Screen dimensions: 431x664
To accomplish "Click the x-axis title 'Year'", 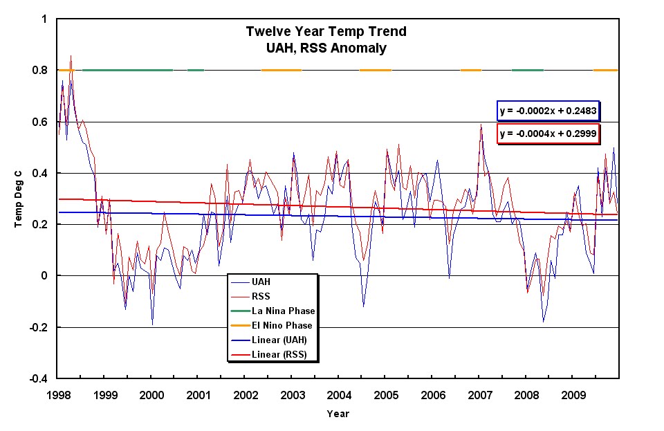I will click(338, 414).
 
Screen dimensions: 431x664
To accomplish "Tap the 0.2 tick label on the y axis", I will click(41, 224).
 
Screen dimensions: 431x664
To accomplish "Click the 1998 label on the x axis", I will click(58, 396).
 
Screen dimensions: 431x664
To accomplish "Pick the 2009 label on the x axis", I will click(572, 396).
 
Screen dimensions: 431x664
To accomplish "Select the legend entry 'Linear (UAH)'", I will click(280, 340).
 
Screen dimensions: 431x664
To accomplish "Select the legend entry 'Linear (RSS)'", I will click(280, 355).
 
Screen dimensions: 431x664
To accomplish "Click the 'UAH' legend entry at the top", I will click(262, 282).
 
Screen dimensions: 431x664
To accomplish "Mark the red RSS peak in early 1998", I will click(71, 56).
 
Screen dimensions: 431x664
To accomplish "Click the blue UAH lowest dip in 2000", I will click(152, 324).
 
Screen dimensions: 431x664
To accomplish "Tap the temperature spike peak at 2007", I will click(481, 125).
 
